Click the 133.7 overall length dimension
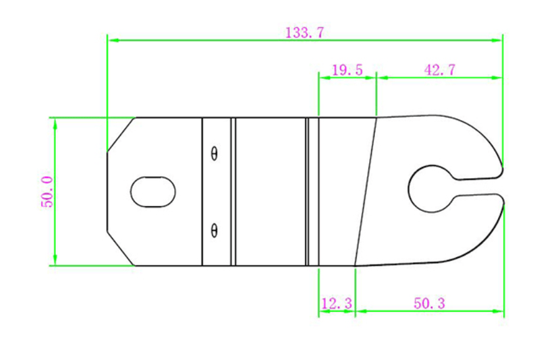pos(304,32)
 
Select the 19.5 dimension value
pos(347,69)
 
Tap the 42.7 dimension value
pos(439,69)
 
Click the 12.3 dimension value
pos(336,304)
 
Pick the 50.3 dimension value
pos(429,304)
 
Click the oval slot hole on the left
pos(153,191)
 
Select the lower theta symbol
pos(215,231)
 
